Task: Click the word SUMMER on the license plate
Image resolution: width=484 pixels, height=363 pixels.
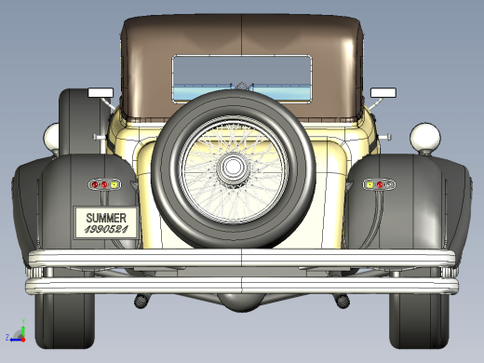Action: pos(106,218)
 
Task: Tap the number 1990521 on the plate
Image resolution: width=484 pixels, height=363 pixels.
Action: pos(106,230)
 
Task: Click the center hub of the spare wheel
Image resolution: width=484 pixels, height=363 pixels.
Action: pos(233,167)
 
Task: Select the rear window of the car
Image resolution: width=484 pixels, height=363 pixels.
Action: pos(242,78)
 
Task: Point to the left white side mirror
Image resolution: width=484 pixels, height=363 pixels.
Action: pos(101,92)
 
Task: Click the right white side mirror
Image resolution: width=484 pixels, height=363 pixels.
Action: pos(383,92)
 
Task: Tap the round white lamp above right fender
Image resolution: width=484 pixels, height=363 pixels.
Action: pos(425,138)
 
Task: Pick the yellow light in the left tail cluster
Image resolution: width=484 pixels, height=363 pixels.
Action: pos(114,185)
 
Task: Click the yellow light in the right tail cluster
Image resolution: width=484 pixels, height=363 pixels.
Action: pos(370,185)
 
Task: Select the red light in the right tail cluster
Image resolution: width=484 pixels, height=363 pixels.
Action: pos(380,185)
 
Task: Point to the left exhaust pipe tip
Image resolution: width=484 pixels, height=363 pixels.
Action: pos(141,302)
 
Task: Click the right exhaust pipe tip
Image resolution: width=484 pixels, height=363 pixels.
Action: pos(343,302)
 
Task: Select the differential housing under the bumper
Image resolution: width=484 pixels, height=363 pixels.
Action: pos(242,302)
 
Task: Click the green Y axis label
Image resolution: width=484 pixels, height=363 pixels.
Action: pos(23,321)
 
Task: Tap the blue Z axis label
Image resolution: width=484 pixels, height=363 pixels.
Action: pos(7,337)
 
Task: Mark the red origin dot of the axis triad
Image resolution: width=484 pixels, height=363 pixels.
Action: pos(23,340)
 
